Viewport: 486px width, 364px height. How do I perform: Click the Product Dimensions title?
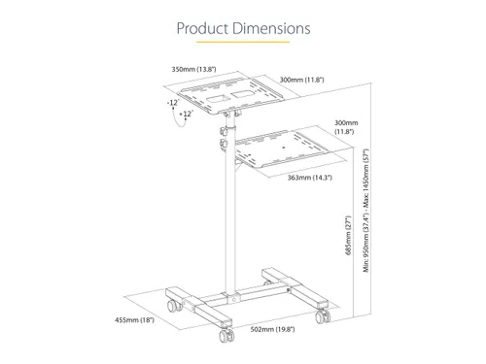[x=243, y=28]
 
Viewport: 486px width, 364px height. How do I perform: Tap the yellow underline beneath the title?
[x=243, y=42]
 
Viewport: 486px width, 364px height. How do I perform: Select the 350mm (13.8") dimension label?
[x=193, y=69]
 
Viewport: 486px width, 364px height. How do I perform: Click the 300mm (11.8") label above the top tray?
[x=301, y=80]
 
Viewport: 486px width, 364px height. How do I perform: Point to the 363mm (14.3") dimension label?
[x=310, y=178]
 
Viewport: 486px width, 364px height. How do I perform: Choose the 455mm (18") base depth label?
[x=134, y=320]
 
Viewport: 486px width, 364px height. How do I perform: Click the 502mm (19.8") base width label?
[x=272, y=329]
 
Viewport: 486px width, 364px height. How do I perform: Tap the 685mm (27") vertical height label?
[x=348, y=235]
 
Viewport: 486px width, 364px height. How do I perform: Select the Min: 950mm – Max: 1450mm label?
[x=366, y=211]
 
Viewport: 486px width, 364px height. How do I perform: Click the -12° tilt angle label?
[x=173, y=103]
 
